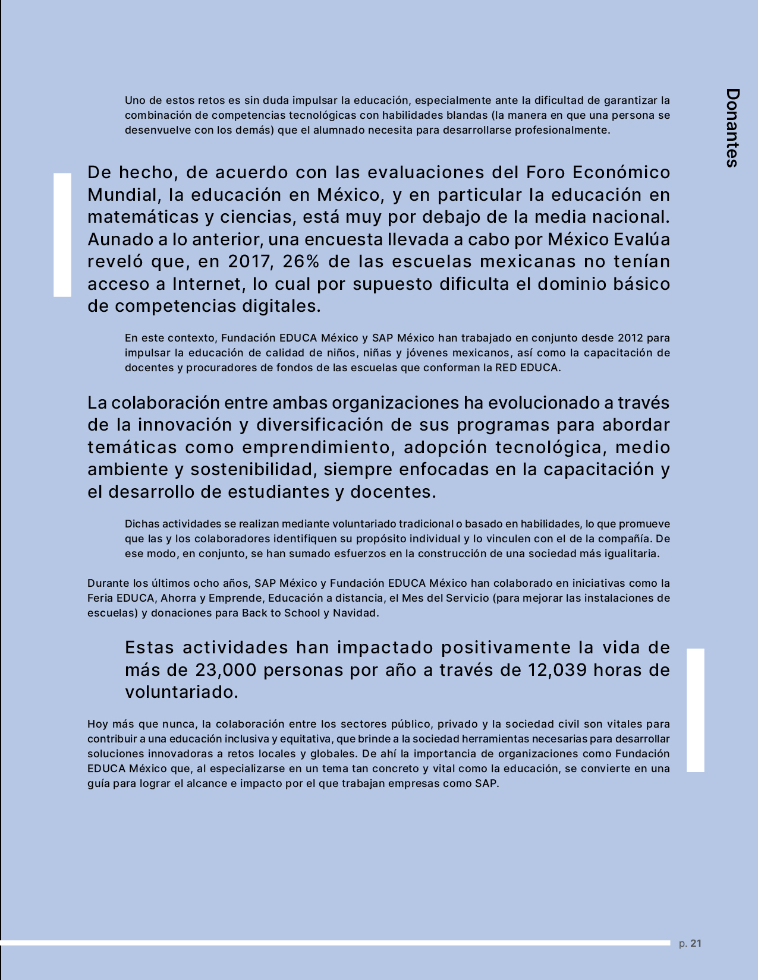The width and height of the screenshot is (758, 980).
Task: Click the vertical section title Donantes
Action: pyautogui.click(x=732, y=128)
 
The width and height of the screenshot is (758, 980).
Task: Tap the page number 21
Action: pyautogui.click(x=696, y=943)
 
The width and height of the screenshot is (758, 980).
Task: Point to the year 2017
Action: pyautogui.click(x=249, y=261)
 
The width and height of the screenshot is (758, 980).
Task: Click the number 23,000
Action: pyautogui.click(x=226, y=670)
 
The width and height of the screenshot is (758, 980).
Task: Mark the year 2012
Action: pyautogui.click(x=630, y=338)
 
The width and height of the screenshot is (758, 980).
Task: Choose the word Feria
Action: pyautogui.click(x=100, y=598)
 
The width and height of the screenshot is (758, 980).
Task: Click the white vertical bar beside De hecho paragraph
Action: pyautogui.click(x=62, y=235)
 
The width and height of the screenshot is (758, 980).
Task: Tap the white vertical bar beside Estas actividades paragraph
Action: pyautogui.click(x=696, y=710)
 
